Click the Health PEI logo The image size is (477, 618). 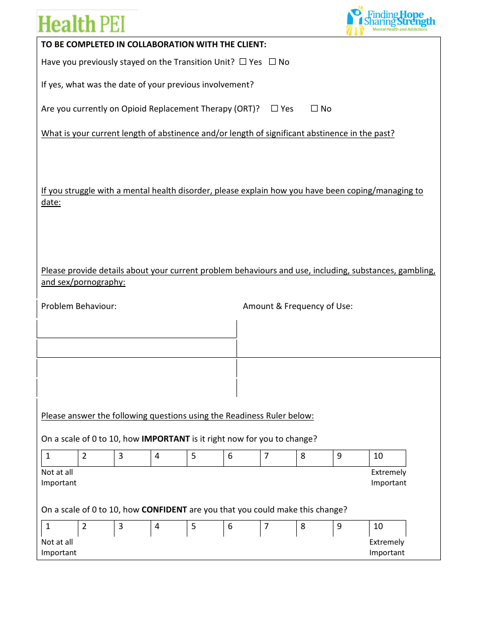tap(81, 24)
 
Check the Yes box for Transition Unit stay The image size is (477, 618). tap(243, 62)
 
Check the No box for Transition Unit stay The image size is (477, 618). tap(273, 62)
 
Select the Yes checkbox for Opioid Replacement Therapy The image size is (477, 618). tap(275, 109)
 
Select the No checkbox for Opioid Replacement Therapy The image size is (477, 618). tap(315, 109)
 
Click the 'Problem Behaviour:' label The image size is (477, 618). tap(79, 306)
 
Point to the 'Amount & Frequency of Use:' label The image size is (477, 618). tap(298, 306)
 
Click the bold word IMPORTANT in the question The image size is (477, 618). tap(166, 439)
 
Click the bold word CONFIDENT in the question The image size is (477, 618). tap(164, 509)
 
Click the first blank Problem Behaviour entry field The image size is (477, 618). tap(137, 329)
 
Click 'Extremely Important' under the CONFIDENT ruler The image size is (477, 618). tap(387, 547)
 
